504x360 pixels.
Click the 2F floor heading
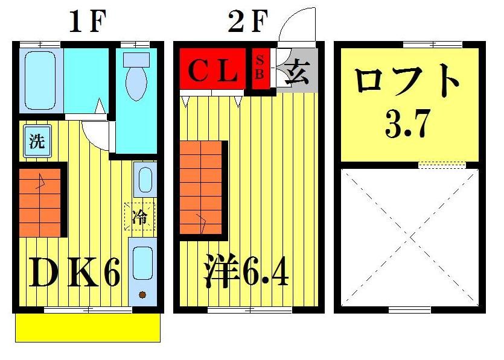[247, 23]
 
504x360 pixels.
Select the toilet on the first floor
[136, 75]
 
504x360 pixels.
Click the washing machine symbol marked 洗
[37, 142]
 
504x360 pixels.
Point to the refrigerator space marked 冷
[139, 216]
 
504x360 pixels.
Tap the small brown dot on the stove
[143, 295]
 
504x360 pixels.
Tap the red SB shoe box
[260, 68]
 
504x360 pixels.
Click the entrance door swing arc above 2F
[299, 24]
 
